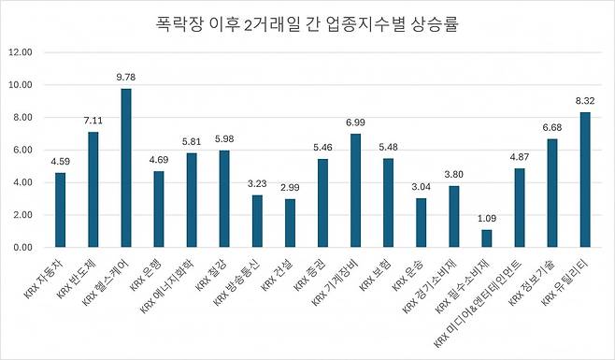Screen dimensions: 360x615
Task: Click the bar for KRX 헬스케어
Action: point(126,168)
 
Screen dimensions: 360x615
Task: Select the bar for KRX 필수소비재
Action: point(486,238)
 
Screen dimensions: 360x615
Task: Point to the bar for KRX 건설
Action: point(290,223)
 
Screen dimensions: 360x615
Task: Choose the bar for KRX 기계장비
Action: point(355,191)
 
